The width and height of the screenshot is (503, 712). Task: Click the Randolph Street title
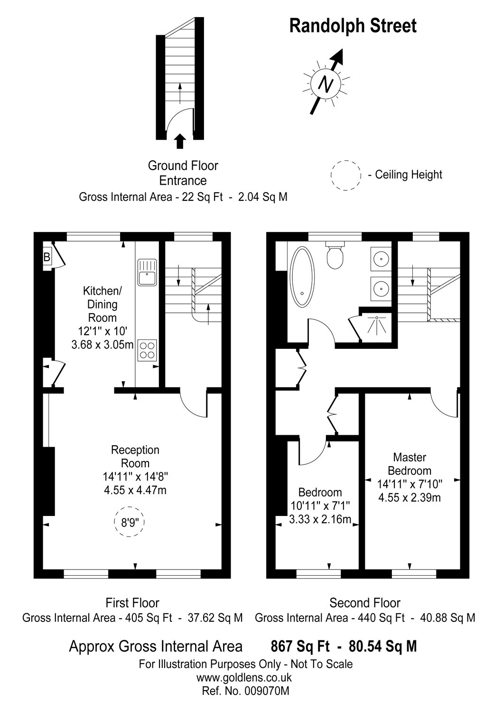[x=353, y=26]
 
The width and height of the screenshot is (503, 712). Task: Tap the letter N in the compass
[x=325, y=84]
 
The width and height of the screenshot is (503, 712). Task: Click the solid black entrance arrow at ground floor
[x=179, y=141]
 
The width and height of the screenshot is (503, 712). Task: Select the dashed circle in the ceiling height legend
[x=345, y=175]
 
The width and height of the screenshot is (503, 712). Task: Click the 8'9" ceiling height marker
[x=130, y=523]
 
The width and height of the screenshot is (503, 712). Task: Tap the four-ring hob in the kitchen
[x=147, y=350]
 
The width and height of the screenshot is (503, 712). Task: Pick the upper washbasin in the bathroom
[x=381, y=259]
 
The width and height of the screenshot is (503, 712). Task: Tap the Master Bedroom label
[x=410, y=464]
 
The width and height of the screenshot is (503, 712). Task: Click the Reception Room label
[x=135, y=456]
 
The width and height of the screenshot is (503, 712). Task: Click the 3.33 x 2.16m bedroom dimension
[x=320, y=519]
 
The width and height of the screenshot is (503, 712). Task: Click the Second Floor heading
[x=364, y=603]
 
